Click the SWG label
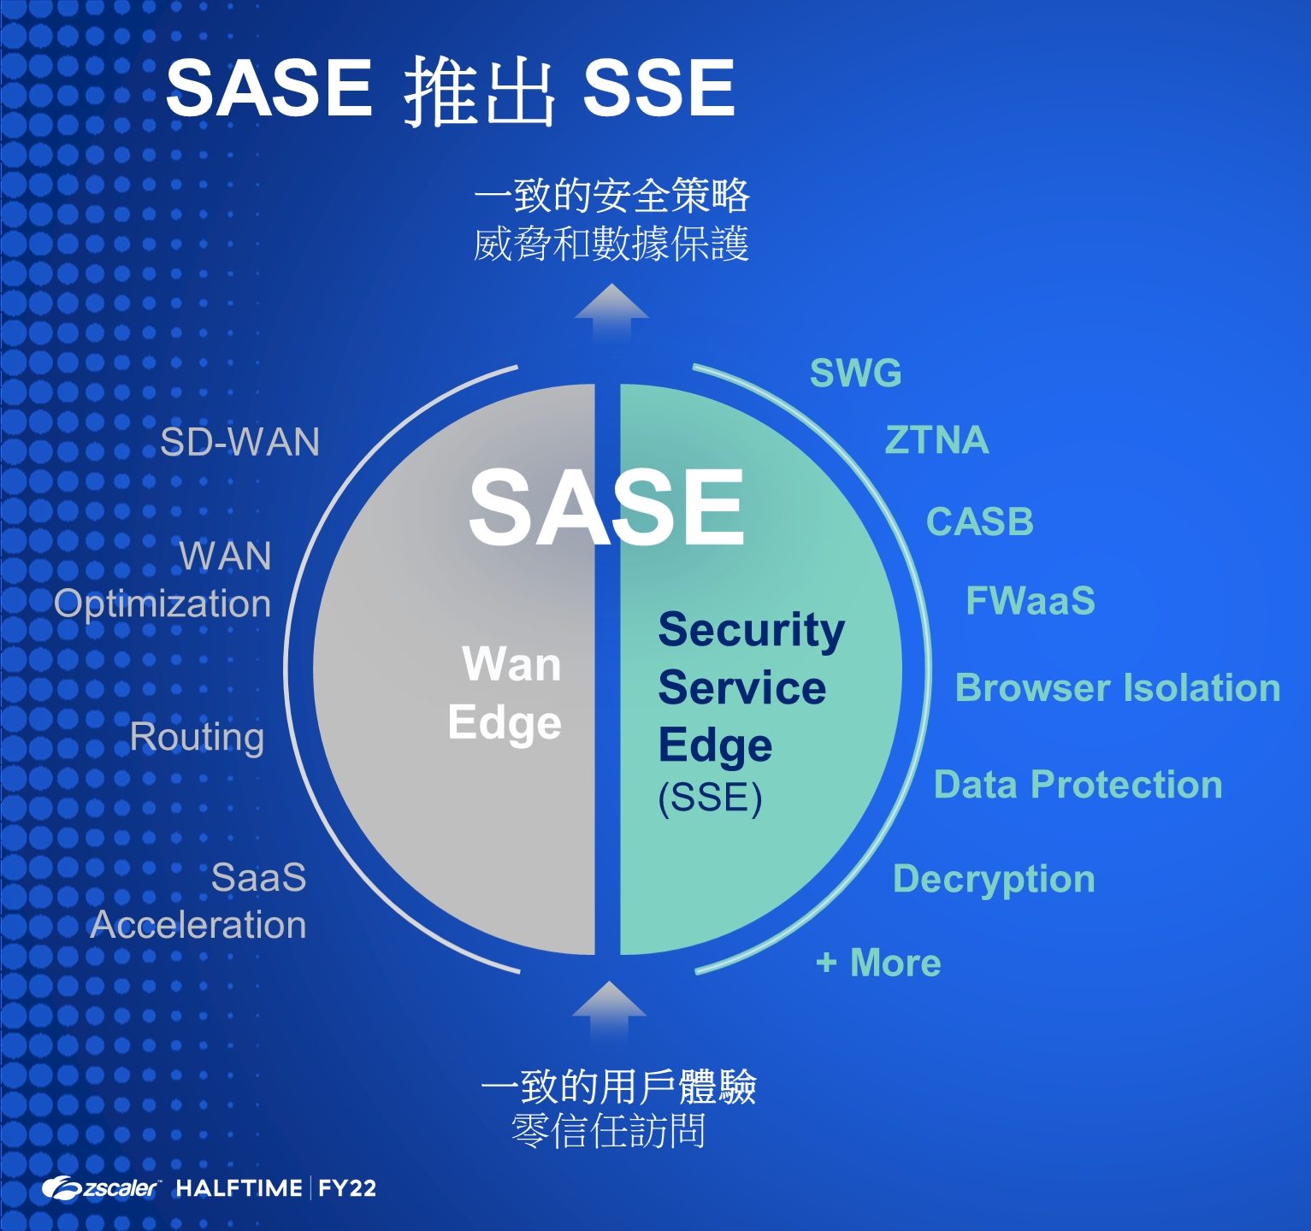(855, 374)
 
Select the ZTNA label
(936, 440)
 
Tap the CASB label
(979, 521)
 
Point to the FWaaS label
(1030, 601)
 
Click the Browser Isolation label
(1117, 688)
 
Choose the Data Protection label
(1078, 785)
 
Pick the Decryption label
(994, 880)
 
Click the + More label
(878, 963)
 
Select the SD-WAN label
(239, 442)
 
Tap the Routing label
(197, 738)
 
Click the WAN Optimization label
(162, 580)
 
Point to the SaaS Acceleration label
(198, 902)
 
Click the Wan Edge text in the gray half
(505, 693)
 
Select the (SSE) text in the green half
(710, 798)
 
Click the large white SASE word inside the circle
(606, 508)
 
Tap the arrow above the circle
(611, 313)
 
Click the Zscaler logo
(101, 1188)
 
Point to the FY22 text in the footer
(347, 1188)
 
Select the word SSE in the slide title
(658, 88)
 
